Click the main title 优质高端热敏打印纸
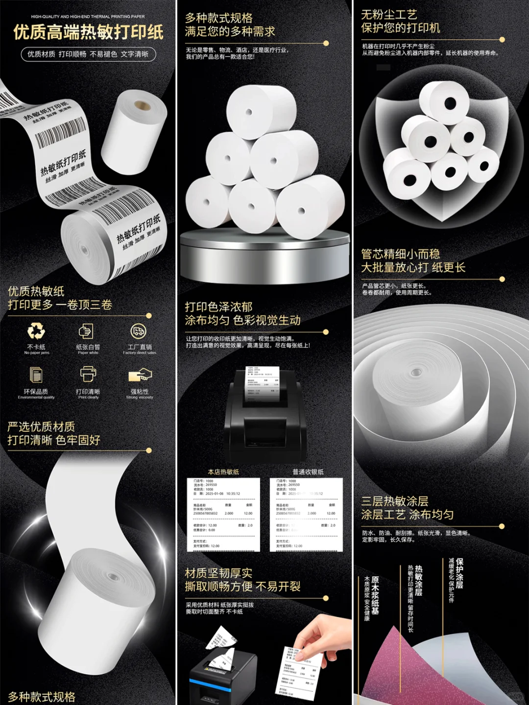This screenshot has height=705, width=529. [88, 32]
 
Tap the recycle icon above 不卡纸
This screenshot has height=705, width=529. [36, 331]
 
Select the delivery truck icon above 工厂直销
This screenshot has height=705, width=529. [139, 331]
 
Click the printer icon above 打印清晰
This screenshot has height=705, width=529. [88, 375]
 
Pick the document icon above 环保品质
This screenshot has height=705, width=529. [36, 375]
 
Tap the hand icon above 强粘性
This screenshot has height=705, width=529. [140, 376]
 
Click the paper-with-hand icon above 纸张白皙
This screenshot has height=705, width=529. [86, 331]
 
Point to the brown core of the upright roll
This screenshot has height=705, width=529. [143, 105]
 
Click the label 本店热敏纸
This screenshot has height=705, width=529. [223, 472]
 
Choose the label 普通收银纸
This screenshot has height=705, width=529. [308, 472]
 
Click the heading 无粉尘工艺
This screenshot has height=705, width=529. [389, 15]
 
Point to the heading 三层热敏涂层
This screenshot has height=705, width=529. [395, 501]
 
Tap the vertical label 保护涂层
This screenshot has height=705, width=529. [459, 573]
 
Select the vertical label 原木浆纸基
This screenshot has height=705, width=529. [375, 595]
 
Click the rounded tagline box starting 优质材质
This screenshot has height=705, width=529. [88, 54]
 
